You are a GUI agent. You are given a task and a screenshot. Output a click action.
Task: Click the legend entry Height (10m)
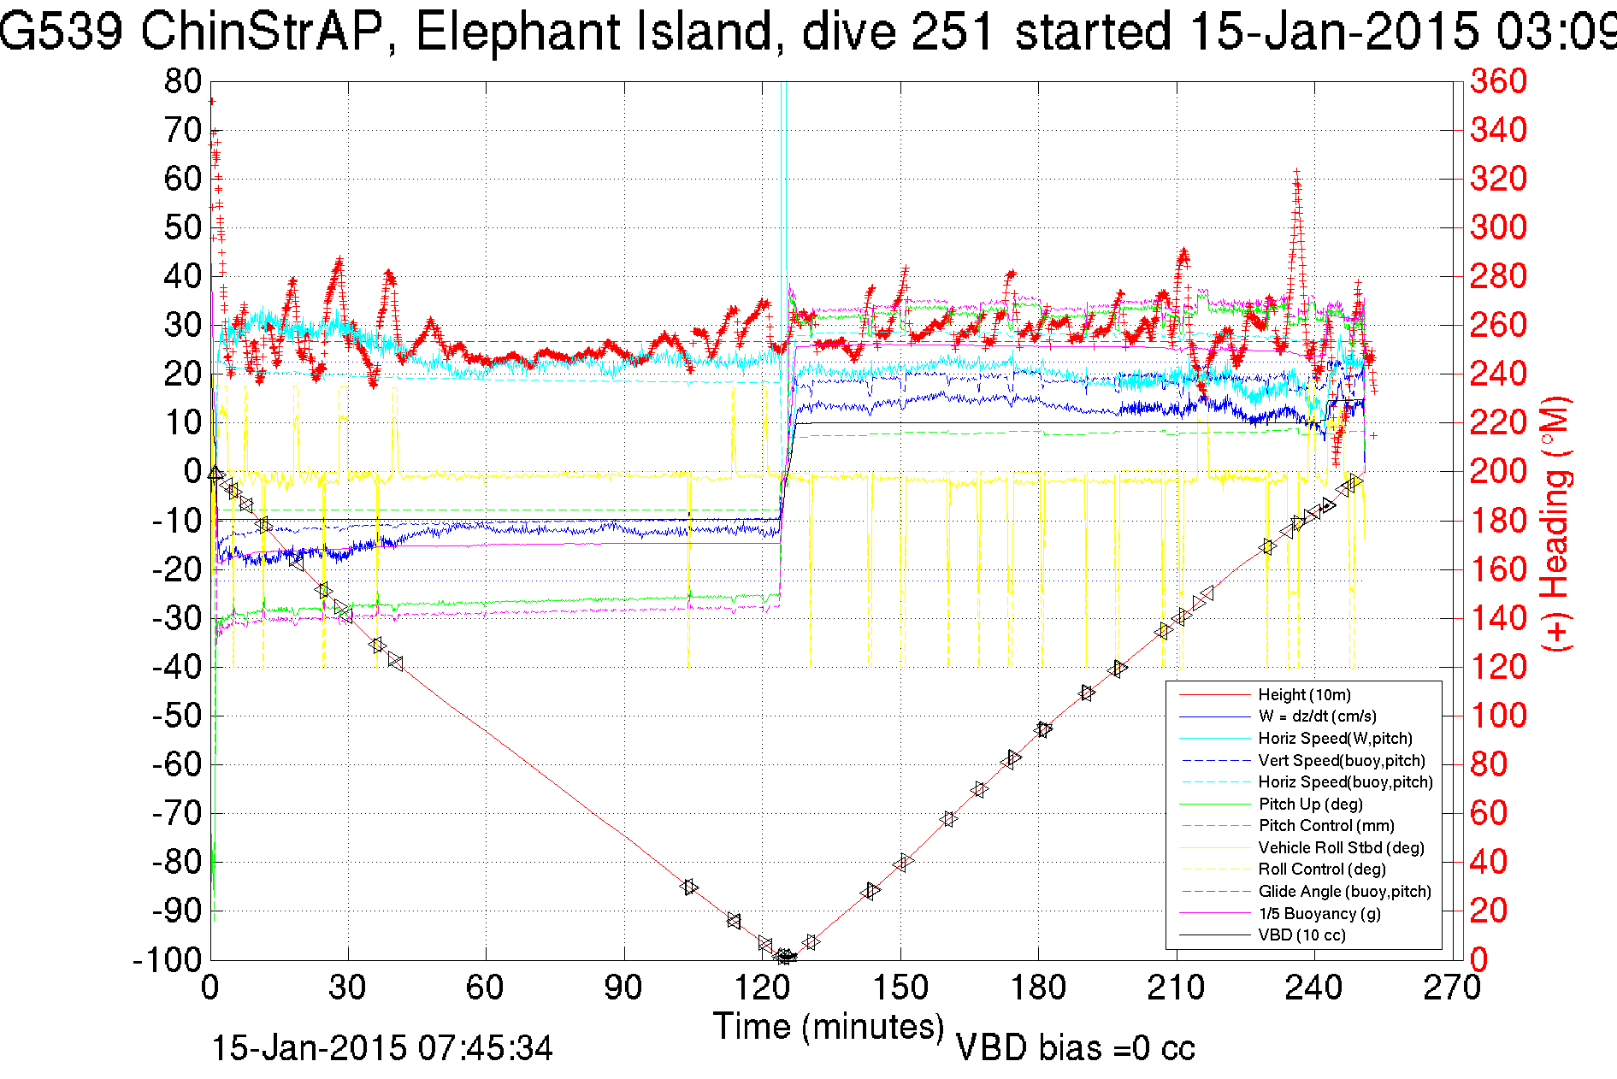click(1304, 695)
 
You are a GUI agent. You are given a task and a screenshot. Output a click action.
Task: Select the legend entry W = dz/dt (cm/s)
click(1317, 716)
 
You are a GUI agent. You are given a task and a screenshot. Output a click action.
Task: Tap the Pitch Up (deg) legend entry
click(1310, 804)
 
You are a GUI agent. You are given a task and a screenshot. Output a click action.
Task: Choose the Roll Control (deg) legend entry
click(1322, 870)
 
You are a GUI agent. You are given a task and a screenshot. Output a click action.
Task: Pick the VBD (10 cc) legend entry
click(1301, 935)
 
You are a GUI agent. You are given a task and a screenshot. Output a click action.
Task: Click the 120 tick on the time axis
click(762, 988)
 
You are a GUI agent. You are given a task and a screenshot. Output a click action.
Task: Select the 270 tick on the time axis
click(1452, 988)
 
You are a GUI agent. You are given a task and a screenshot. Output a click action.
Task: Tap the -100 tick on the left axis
click(167, 959)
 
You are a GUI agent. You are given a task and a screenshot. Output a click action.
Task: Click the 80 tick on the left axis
click(182, 82)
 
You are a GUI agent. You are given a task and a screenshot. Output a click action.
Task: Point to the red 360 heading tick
click(1498, 82)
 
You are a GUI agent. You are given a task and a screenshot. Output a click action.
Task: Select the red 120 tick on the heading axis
click(1498, 667)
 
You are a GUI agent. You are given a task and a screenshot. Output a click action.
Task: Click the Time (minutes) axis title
click(829, 1026)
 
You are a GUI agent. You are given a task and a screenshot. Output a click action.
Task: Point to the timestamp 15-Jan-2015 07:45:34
click(382, 1048)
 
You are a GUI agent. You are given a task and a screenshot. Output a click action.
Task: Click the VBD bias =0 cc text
click(1075, 1048)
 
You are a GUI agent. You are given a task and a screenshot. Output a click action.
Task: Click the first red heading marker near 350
click(211, 102)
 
